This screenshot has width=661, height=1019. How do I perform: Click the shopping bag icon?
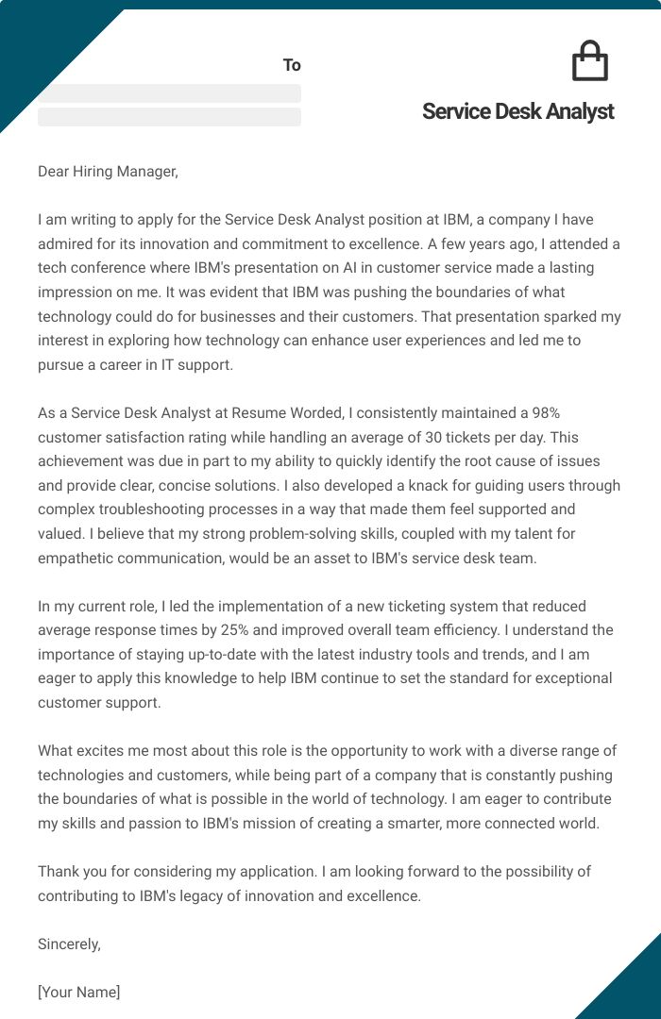tap(590, 61)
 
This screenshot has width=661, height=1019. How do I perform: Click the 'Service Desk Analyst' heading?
tap(517, 111)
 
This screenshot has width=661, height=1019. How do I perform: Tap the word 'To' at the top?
tap(292, 65)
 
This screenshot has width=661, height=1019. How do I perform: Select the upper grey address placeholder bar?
tap(169, 93)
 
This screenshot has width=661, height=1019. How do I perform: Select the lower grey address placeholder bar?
tap(169, 117)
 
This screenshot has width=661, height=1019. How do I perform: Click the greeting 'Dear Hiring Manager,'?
tap(108, 171)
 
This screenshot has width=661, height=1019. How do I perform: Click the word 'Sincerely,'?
tap(69, 944)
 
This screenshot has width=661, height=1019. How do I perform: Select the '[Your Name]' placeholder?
tap(78, 992)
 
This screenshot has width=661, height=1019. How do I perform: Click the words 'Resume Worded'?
tap(306, 412)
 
